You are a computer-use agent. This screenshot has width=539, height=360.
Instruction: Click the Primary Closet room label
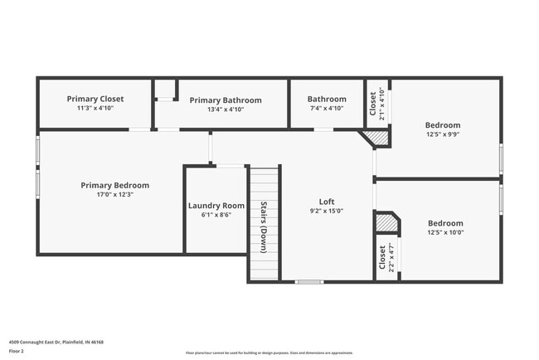(x=95, y=99)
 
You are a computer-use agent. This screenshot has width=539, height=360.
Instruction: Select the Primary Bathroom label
(x=225, y=100)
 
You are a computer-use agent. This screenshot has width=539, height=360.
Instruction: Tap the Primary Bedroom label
(x=114, y=185)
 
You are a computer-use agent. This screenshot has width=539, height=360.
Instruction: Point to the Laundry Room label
(x=216, y=206)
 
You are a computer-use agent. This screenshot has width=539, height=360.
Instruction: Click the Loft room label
(x=327, y=202)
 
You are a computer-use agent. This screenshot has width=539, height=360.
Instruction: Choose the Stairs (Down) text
(x=263, y=227)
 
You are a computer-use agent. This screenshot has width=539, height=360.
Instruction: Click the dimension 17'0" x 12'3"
(x=114, y=194)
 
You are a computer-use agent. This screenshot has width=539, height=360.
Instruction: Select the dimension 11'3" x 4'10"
(x=95, y=108)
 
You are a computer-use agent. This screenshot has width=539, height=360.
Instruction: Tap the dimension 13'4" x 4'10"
(x=225, y=109)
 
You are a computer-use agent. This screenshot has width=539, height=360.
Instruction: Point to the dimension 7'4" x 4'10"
(x=326, y=108)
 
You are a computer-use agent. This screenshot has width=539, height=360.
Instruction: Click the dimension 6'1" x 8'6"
(x=216, y=214)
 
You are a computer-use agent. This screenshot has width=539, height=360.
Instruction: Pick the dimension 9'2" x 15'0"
(x=327, y=211)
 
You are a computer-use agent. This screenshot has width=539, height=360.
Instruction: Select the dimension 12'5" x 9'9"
(x=444, y=134)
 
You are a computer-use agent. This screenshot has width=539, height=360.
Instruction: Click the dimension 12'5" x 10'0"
(x=445, y=232)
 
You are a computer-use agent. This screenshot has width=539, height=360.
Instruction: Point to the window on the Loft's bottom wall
(x=309, y=282)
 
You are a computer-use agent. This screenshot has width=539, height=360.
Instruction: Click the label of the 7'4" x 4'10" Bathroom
(x=326, y=99)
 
